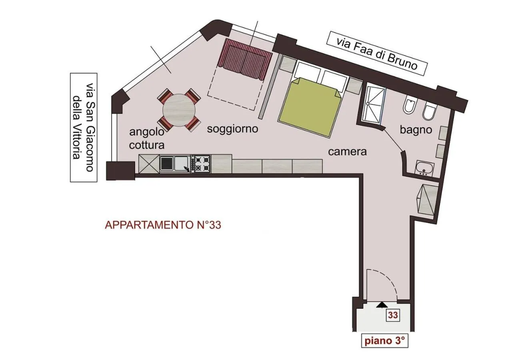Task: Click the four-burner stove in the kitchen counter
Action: [201, 164]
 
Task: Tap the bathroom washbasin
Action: [424, 168]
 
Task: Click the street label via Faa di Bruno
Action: [377, 53]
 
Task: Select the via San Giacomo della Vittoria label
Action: [84, 127]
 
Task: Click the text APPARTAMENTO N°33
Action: [163, 225]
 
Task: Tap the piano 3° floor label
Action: [385, 341]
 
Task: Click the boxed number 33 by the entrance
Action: [393, 315]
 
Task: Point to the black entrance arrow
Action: [382, 305]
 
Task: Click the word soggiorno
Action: [232, 129]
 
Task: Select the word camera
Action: [347, 152]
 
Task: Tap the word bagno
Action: [416, 130]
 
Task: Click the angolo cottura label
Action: [147, 138]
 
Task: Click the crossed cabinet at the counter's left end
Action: [149, 164]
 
